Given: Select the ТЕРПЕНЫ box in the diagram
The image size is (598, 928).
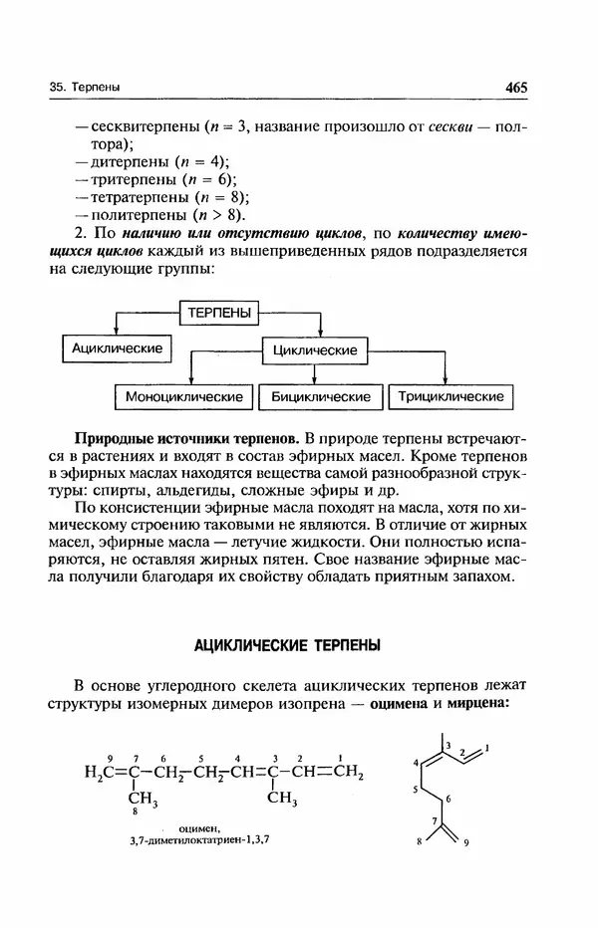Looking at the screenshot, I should pos(219,313).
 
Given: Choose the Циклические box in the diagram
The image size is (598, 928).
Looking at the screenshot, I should pos(315,351).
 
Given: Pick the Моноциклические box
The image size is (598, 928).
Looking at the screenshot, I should pos(184,396).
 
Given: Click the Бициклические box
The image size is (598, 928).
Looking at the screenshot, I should pos(321,396).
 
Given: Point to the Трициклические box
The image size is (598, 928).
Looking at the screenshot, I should pos(451,396).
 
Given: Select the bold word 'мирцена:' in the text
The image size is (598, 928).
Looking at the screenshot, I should pos(477,704).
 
